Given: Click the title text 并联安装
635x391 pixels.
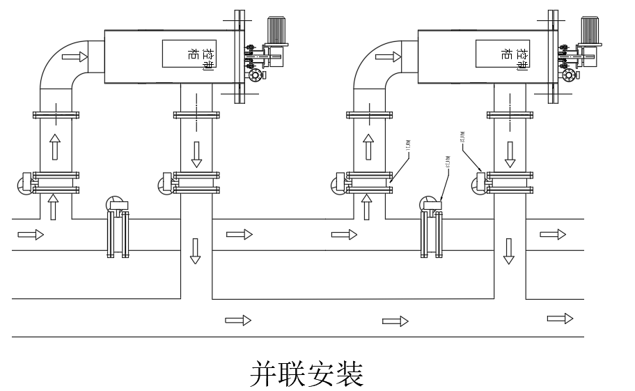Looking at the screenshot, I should tap(306, 374).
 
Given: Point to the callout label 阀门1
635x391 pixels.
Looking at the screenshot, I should tap(407, 146).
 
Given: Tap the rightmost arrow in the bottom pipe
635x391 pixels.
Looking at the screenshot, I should tap(559, 319).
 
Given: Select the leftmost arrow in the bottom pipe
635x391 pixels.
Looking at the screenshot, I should tap(237, 321).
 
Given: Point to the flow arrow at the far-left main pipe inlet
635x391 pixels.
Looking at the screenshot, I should tap(30, 235).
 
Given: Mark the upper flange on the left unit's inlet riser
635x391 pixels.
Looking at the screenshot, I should tap(56, 114).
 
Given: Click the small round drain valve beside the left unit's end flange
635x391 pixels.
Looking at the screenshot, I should tap(256, 75).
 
